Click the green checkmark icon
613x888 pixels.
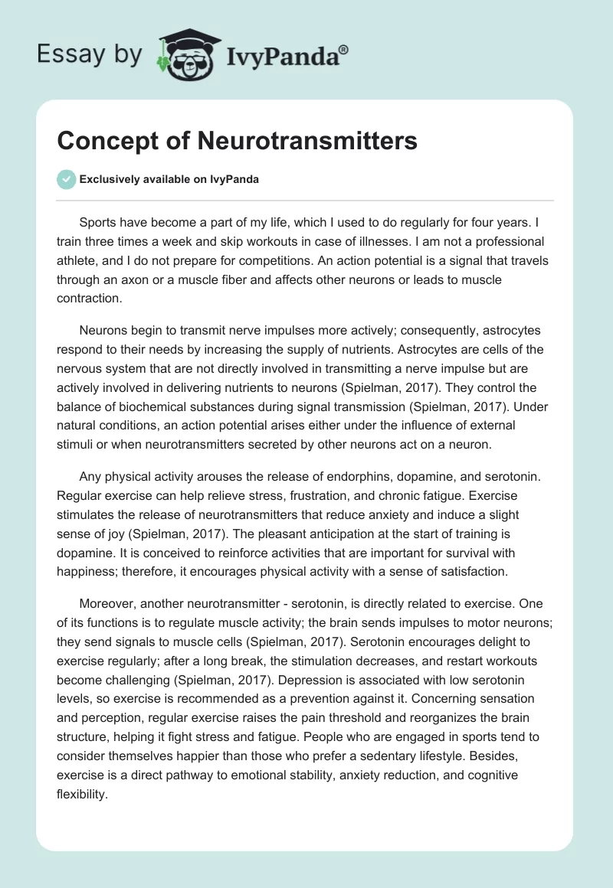65,179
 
